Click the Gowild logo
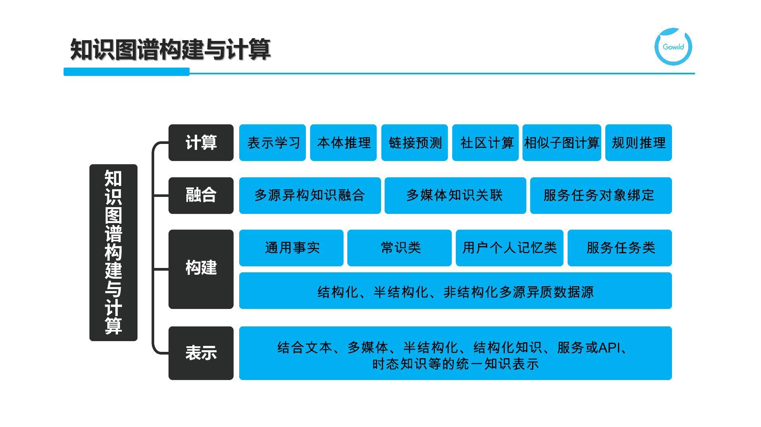click(673, 47)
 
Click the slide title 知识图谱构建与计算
click(170, 50)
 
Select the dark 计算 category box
click(201, 143)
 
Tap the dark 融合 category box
click(201, 195)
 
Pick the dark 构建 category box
click(201, 269)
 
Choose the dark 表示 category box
click(201, 353)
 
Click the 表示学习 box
click(273, 143)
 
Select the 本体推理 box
click(343, 143)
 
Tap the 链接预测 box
click(414, 143)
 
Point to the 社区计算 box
click(486, 143)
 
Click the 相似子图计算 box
click(562, 143)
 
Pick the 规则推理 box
click(638, 143)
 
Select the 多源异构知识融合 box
click(310, 195)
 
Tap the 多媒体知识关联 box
click(455, 195)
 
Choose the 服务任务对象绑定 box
click(600, 195)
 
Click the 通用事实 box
click(291, 248)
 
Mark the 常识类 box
click(399, 248)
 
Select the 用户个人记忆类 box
click(509, 248)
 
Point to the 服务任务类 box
click(620, 248)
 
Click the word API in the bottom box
click(609, 348)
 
